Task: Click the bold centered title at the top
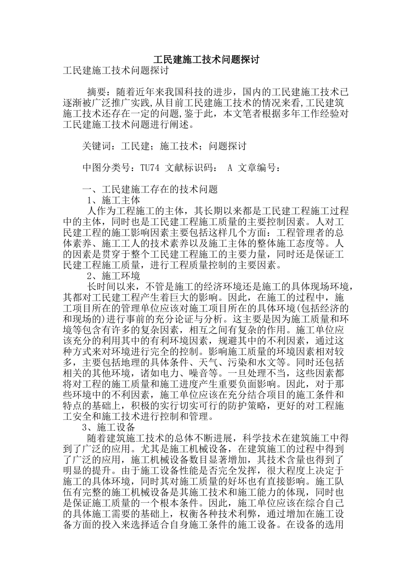206,60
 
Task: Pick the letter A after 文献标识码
230,167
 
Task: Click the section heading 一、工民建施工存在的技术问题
150,189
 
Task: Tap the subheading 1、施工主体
114,200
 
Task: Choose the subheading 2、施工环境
114,275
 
